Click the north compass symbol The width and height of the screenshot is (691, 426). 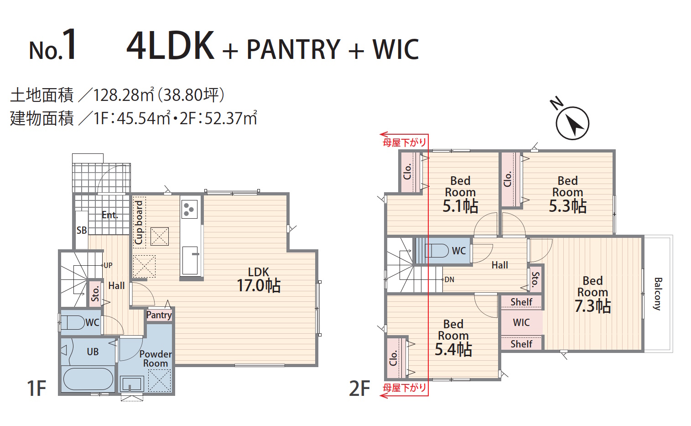pos(572,123)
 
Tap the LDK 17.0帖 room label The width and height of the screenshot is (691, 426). pos(259,280)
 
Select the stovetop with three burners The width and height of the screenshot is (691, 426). pos(189,209)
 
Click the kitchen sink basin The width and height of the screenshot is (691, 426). pos(190,260)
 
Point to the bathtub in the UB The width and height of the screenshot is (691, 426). pos(88,379)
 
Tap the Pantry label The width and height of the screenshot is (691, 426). pos(159,315)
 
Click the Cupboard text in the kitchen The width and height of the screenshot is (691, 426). pos(139,222)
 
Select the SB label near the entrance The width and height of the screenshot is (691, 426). pos(82,230)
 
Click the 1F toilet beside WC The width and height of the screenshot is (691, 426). pos(73,322)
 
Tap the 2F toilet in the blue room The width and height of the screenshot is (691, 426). pos(436,251)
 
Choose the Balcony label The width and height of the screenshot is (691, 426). pos(658,294)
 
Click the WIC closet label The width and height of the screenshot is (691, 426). pos(521,322)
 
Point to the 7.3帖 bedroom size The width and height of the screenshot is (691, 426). pos(592,306)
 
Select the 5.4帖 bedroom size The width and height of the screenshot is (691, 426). pos(453,349)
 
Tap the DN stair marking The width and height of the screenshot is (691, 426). pos(449,279)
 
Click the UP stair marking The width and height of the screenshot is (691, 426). pos(108,265)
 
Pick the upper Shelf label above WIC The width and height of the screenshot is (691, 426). pos(521,302)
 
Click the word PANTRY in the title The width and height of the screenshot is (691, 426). pos(293,49)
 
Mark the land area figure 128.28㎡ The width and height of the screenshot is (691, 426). pos(124,95)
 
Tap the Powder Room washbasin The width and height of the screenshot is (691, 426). pos(132,384)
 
